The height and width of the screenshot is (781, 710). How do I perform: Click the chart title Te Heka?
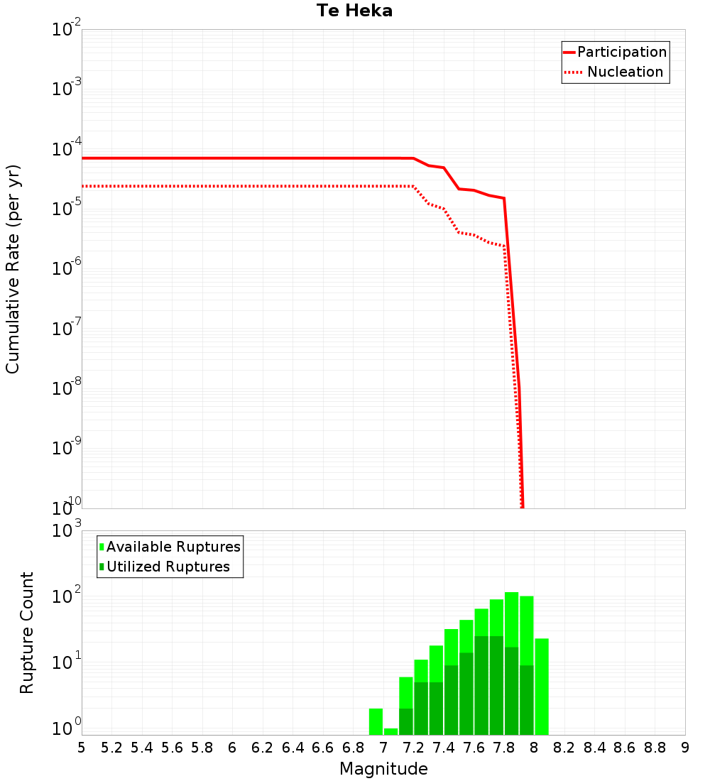pos(354,11)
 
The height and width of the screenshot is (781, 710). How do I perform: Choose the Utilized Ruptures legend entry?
pos(168,567)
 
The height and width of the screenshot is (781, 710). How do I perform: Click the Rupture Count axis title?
pos(27,632)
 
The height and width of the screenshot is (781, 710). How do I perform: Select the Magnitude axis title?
pos(383,769)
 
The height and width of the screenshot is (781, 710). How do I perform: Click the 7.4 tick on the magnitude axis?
pos(444,748)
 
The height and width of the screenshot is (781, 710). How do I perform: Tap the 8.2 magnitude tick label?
pos(564,748)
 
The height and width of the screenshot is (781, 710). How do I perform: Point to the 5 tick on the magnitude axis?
pos(82,748)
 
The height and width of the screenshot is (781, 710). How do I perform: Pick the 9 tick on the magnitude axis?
pos(685,748)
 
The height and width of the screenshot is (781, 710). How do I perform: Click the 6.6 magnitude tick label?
pos(323,748)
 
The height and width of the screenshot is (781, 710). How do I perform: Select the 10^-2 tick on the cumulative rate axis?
pos(67,30)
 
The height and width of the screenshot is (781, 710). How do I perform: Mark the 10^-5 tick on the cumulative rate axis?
pos(67,209)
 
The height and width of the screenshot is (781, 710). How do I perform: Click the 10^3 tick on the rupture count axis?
pos(67,530)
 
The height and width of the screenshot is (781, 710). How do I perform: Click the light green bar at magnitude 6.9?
pos(376,721)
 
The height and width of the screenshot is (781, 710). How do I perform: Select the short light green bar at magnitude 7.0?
pos(390,731)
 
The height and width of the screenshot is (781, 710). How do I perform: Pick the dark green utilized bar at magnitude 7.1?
pos(406,721)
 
